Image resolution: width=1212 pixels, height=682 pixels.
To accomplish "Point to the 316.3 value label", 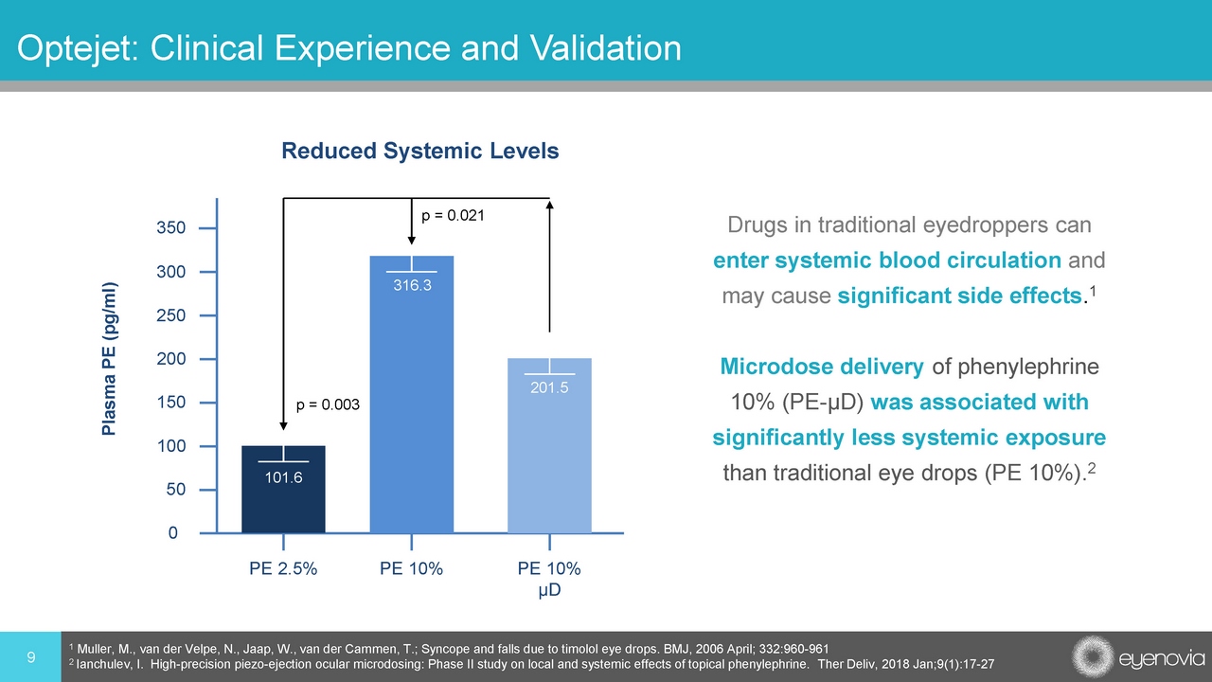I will [x=412, y=284].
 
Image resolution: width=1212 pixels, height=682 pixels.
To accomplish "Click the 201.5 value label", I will [x=550, y=386].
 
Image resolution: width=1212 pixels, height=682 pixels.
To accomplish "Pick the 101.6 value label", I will [x=284, y=476].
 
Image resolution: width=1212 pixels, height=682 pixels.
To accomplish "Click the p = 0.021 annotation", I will [x=454, y=216].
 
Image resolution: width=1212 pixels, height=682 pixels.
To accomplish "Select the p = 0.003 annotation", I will [x=329, y=404].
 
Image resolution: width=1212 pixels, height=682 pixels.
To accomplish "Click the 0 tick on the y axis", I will [x=172, y=533].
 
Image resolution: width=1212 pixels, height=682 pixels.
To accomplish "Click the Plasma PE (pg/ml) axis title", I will [x=110, y=359].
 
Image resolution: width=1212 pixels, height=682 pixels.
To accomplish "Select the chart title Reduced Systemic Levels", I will [x=420, y=151].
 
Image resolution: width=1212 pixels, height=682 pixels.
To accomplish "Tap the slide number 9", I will [x=31, y=656].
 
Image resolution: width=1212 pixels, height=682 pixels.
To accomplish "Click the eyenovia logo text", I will [x=1160, y=657].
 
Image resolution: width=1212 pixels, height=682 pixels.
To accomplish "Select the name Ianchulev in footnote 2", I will [x=108, y=664].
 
